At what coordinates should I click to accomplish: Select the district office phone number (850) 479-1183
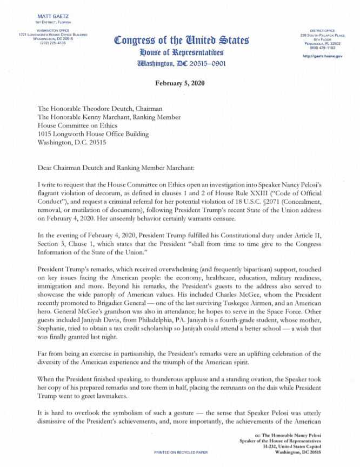[x=322, y=48]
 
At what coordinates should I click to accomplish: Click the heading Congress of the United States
[x=182, y=41]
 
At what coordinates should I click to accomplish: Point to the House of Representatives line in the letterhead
[x=182, y=52]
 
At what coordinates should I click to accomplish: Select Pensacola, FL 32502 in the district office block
[x=322, y=43]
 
